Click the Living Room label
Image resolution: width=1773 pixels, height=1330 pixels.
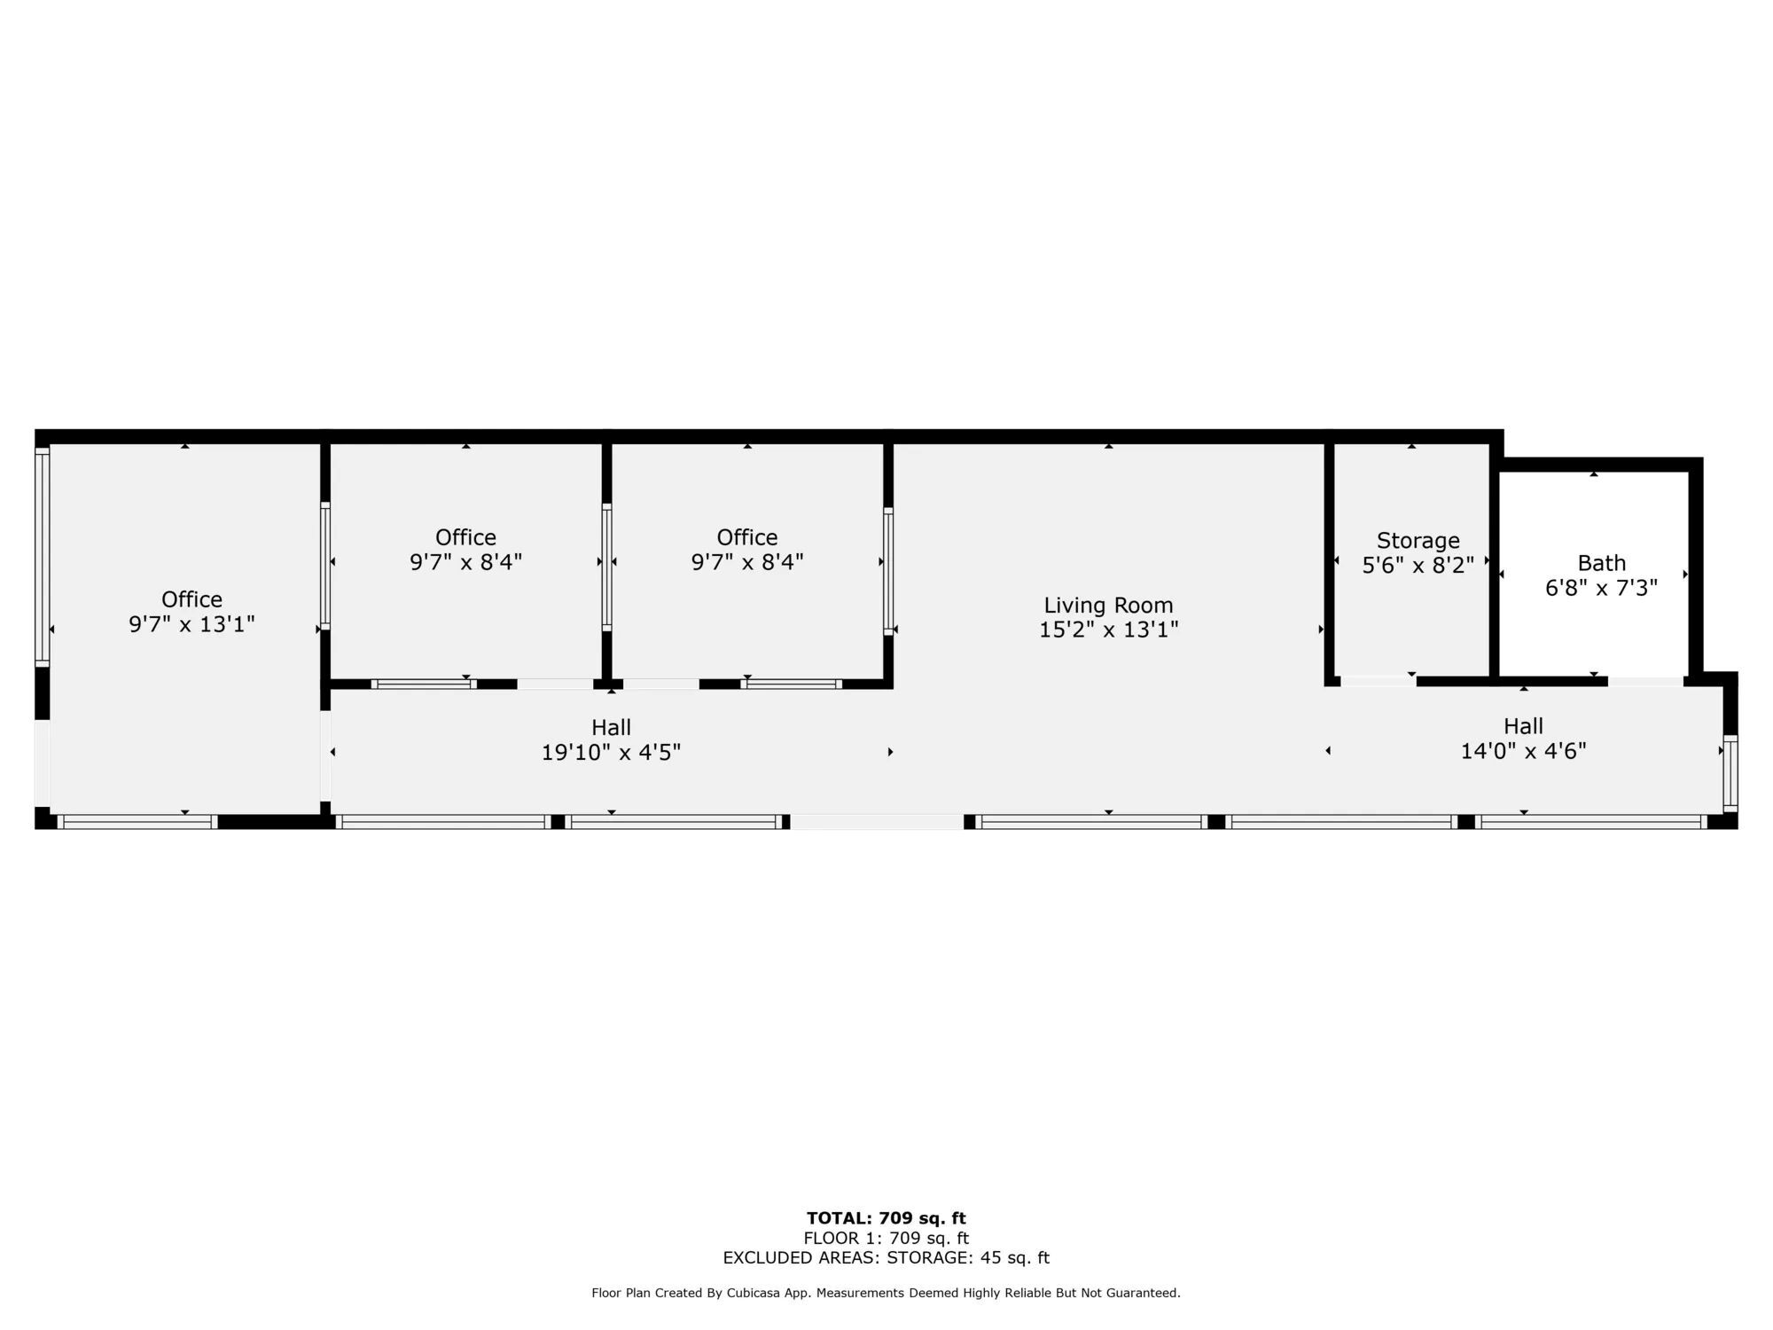1108,606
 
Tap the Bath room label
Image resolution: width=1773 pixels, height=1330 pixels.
1601,563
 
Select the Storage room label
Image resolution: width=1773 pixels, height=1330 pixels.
1418,540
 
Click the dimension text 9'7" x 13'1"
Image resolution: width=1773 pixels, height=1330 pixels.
191,624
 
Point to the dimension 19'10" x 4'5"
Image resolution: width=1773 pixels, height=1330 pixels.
611,753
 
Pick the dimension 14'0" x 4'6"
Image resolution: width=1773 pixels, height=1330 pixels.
1523,751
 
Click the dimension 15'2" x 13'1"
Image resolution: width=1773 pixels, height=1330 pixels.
1108,630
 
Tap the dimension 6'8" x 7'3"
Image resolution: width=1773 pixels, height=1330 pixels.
1601,588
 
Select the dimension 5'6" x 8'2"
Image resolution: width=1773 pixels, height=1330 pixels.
1418,565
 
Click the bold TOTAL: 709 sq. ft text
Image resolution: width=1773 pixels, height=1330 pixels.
886,1218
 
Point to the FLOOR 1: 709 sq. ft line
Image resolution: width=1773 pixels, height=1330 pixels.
886,1238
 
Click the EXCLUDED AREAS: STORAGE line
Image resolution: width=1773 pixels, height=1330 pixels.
886,1257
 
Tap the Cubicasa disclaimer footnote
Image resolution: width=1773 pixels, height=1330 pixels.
886,1293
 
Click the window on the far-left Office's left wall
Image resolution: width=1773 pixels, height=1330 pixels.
42,556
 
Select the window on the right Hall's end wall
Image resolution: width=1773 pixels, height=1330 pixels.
1730,773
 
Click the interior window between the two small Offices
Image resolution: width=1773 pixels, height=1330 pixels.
606,567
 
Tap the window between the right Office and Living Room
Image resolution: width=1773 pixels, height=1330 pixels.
888,570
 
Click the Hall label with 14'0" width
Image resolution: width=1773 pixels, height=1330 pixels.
1523,726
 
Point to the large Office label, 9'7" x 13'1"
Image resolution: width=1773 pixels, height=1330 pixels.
191,599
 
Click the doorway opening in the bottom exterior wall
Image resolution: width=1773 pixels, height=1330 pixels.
877,822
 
